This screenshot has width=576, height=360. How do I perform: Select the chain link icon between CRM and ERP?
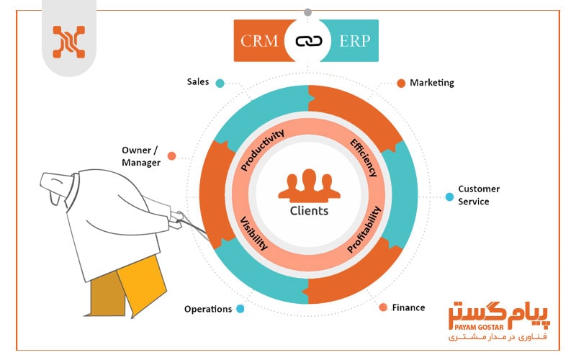pos(308,40)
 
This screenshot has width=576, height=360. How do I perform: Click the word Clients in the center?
pos(309,211)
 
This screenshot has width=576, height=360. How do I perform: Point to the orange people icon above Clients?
pos(308,186)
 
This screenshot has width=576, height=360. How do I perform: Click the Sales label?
pos(197,82)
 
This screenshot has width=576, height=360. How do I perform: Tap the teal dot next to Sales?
pos(220,83)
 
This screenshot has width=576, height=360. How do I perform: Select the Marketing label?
pos(432,83)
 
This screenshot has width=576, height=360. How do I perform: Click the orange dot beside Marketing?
pos(401,83)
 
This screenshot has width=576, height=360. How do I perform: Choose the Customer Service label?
pos(479,195)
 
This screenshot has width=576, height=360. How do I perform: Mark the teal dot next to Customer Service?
pos(449,197)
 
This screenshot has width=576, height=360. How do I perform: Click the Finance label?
pos(408,307)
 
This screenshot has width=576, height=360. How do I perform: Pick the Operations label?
pos(208,309)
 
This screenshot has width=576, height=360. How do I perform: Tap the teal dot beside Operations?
pos(240,309)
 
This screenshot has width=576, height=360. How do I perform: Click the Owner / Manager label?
pos(141,156)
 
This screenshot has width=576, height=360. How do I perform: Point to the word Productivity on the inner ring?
pos(263,150)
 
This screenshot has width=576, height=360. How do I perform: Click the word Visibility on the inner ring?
pos(253,230)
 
